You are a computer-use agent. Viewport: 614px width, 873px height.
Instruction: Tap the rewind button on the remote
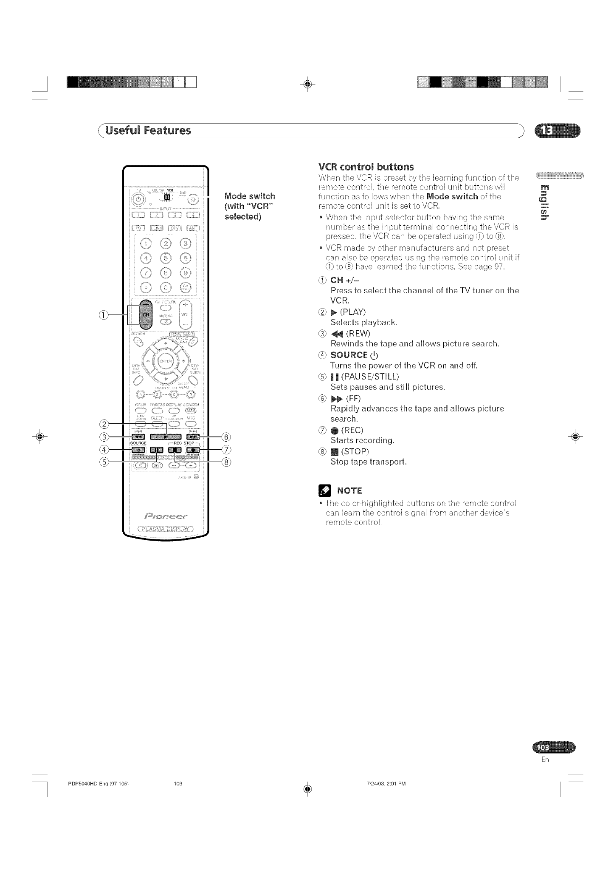coord(139,436)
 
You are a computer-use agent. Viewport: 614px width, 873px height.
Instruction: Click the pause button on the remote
coord(157,449)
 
